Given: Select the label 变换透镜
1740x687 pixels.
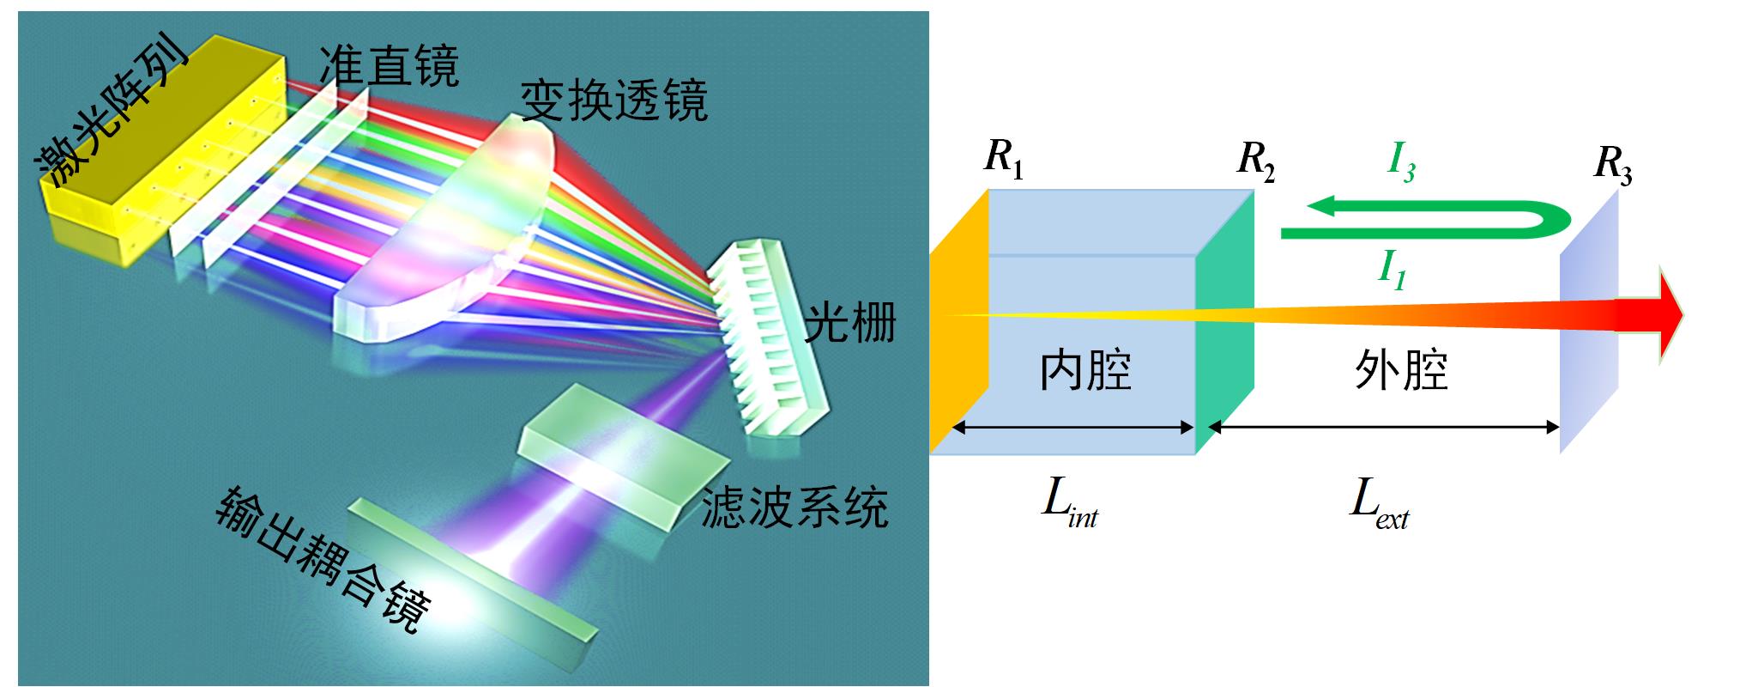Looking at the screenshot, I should pos(614,101).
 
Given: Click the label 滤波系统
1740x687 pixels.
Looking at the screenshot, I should pos(794,507).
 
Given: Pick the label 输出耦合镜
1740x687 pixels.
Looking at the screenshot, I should pos(323,558).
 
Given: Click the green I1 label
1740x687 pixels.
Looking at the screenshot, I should pos(1392,269).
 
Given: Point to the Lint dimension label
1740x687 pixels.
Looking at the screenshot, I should pos(1069,502).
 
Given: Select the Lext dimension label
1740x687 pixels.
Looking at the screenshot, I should pos(1378,503).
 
